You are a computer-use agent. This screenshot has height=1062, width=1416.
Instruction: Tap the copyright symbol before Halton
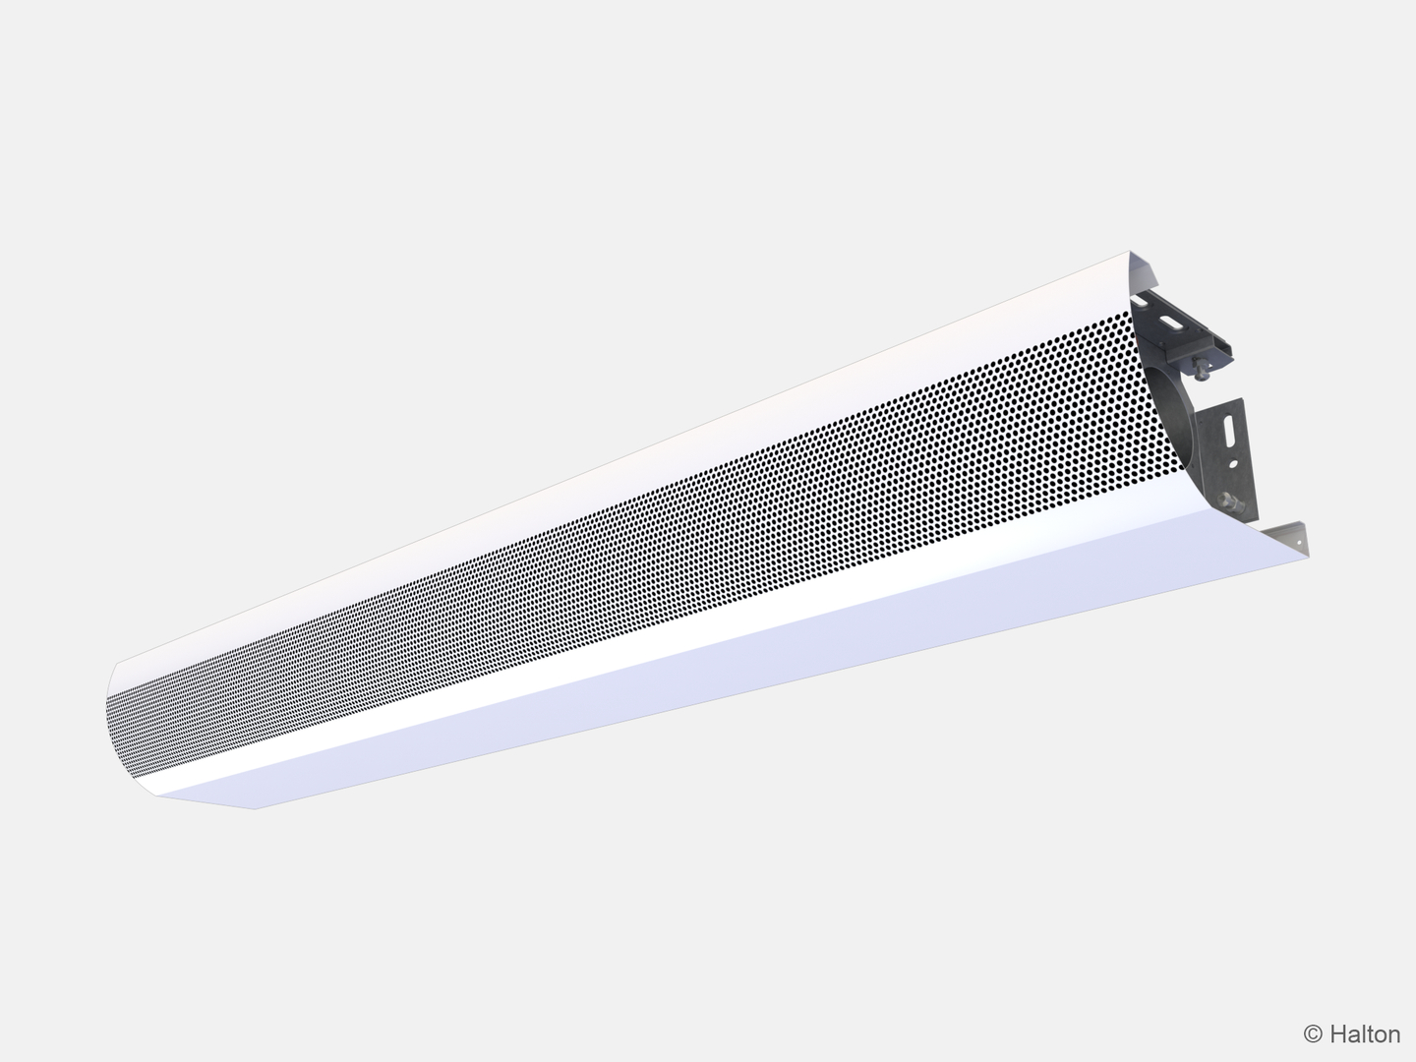(x=1313, y=1033)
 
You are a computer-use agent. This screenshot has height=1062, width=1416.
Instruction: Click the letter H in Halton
(x=1337, y=1033)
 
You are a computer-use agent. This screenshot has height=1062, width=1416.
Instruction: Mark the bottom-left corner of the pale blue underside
(x=254, y=808)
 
